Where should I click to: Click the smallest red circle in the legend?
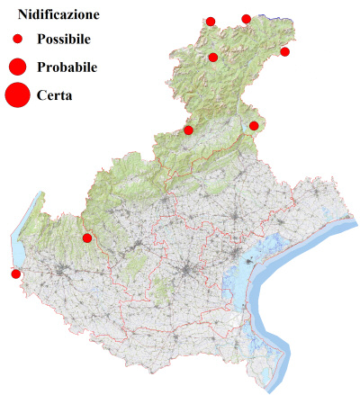coord(17,40)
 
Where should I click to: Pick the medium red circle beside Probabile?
coord(17,67)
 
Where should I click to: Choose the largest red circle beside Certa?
coord(17,94)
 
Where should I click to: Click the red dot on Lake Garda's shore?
coord(15,274)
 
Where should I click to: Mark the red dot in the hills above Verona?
coord(87,238)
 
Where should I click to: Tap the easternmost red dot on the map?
coord(285,51)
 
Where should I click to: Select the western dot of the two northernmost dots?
coord(211,21)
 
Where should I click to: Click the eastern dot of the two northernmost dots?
coord(247,18)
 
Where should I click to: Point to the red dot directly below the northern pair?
coord(213,58)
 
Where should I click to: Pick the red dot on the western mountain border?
coord(188,130)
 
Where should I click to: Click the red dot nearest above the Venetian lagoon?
coord(254,126)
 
